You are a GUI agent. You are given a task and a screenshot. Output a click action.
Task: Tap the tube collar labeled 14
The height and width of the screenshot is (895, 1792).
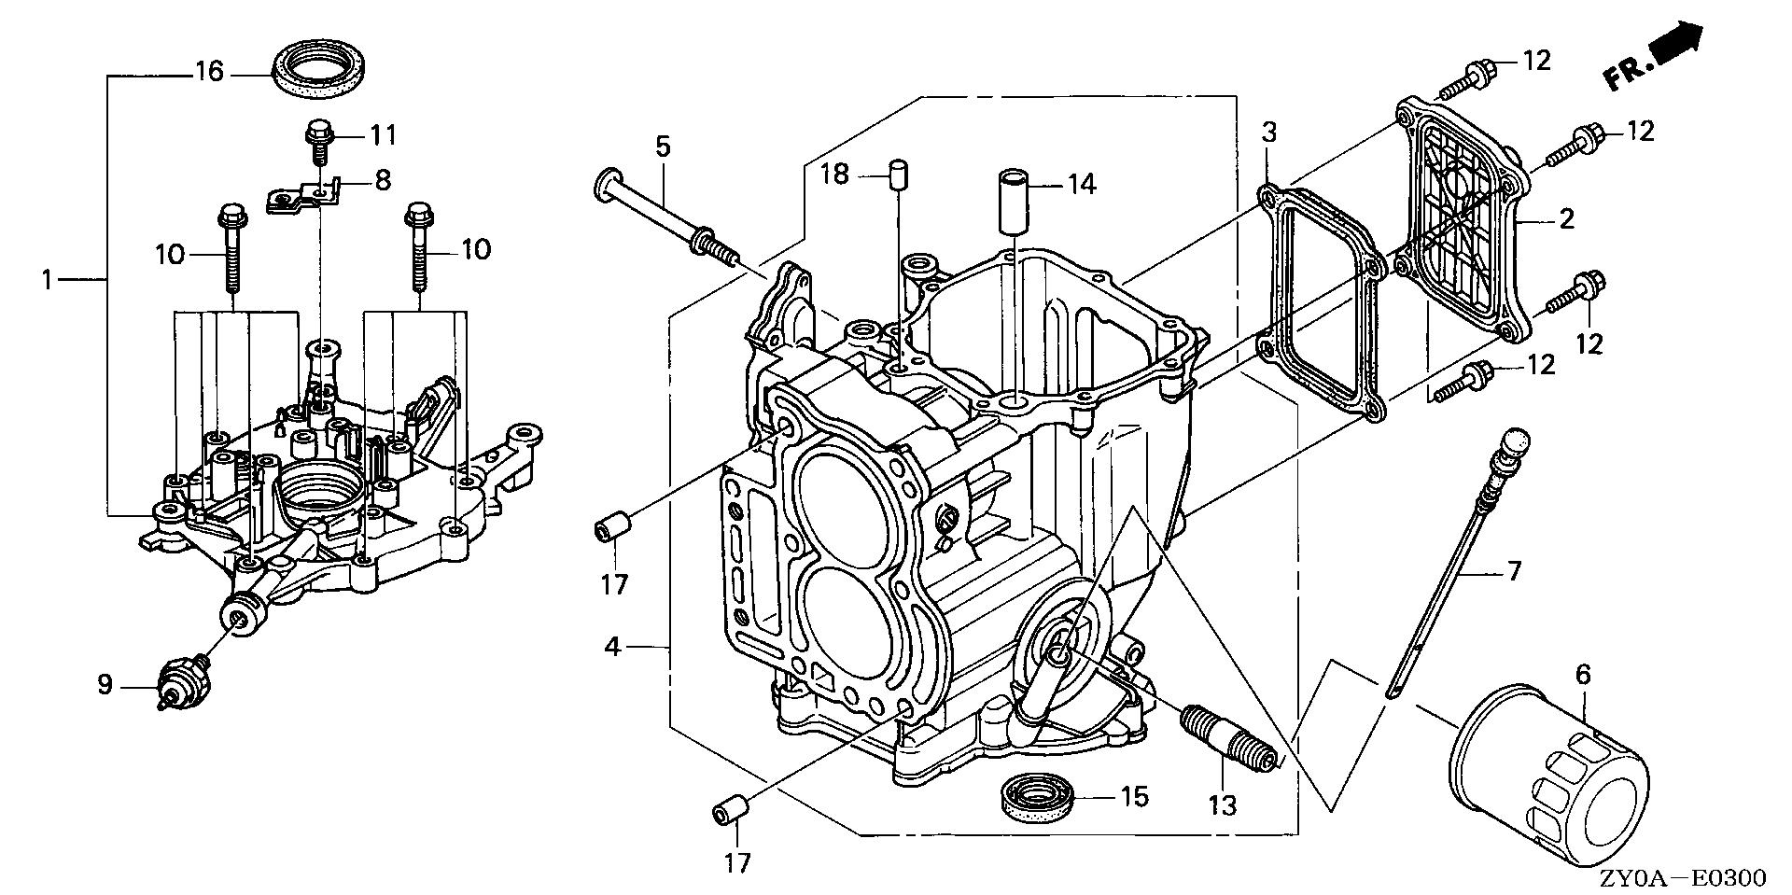1014,200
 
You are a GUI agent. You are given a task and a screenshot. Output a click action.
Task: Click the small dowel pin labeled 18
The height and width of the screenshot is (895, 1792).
898,175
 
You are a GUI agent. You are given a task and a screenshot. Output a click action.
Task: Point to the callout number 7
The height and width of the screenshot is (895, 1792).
1514,569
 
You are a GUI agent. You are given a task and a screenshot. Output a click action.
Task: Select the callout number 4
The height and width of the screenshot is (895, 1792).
612,646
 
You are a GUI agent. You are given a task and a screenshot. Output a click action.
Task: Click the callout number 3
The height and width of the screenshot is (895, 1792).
1269,133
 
